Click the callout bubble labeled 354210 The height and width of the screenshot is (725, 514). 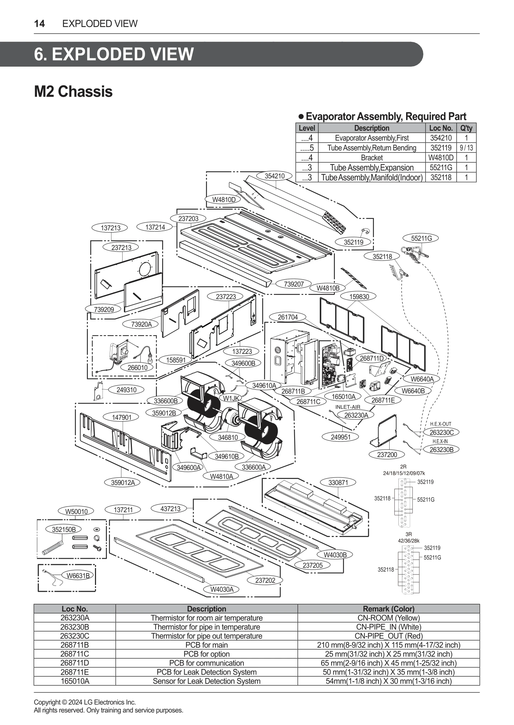point(275,176)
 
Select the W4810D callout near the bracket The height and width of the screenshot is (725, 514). point(224,200)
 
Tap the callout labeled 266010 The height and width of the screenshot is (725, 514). point(138,367)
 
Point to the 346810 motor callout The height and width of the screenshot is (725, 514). point(228,437)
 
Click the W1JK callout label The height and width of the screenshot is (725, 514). point(231,398)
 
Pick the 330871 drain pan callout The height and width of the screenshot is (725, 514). point(338,482)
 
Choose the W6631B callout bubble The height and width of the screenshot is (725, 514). point(78,575)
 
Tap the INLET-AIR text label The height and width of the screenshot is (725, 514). point(348,407)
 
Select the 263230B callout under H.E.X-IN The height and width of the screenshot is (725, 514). point(441,450)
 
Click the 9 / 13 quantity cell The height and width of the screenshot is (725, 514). point(466,148)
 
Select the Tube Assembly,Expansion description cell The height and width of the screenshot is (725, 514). point(371,167)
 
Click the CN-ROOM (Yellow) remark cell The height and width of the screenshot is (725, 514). point(389,618)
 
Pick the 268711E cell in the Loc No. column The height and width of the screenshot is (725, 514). point(75,672)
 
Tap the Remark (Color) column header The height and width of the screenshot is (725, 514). point(389,609)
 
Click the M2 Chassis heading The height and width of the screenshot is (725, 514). point(73,92)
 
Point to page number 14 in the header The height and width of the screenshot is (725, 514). point(39,24)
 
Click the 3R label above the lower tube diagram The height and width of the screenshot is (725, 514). point(409,534)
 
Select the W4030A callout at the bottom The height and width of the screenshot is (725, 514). point(222,589)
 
